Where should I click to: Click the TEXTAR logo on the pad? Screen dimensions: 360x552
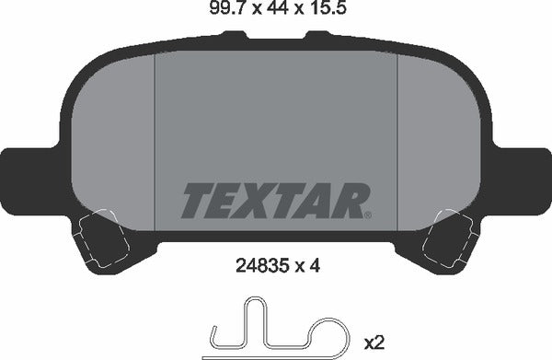point(276,200)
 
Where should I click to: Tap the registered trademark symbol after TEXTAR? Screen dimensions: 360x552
point(368,215)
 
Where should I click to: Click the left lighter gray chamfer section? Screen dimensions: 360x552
point(115,138)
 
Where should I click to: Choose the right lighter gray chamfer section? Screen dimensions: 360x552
point(437,138)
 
